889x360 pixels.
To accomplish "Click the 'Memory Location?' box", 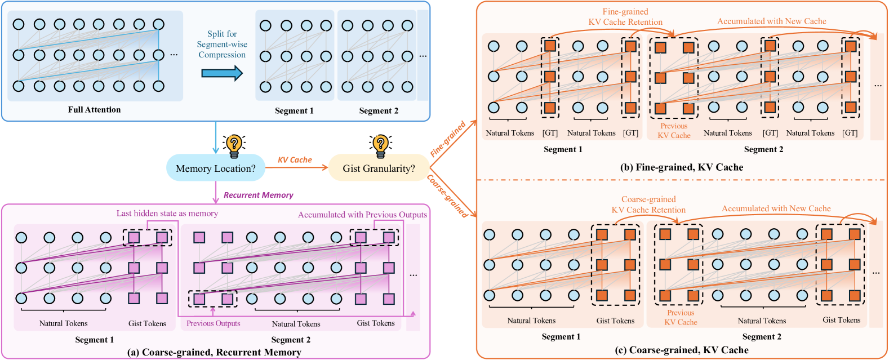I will point(215,168).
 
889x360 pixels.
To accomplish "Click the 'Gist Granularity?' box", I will point(379,168).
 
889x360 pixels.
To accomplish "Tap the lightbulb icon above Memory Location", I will point(234,145).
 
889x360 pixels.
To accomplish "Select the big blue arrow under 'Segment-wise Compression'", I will point(222,73).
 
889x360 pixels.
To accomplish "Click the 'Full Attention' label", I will point(94,110).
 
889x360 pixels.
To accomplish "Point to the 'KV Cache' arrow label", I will point(295,160).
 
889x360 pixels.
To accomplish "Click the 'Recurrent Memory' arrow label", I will point(258,195).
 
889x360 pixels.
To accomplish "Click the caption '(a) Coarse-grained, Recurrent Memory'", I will point(214,352).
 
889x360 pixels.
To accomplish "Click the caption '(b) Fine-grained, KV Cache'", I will point(681,167).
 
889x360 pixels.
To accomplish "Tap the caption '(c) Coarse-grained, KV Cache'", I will point(681,350).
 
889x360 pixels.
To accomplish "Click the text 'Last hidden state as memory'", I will point(167,214).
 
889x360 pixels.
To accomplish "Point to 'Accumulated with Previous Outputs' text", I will point(362,215).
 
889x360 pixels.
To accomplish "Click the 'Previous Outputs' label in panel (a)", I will point(213,323).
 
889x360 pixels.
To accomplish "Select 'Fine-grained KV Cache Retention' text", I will point(625,17).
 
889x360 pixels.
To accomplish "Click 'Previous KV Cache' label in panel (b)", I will point(674,131).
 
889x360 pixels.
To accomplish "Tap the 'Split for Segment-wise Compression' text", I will point(222,44).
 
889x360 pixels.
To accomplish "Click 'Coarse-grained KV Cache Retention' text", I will point(648,205).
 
